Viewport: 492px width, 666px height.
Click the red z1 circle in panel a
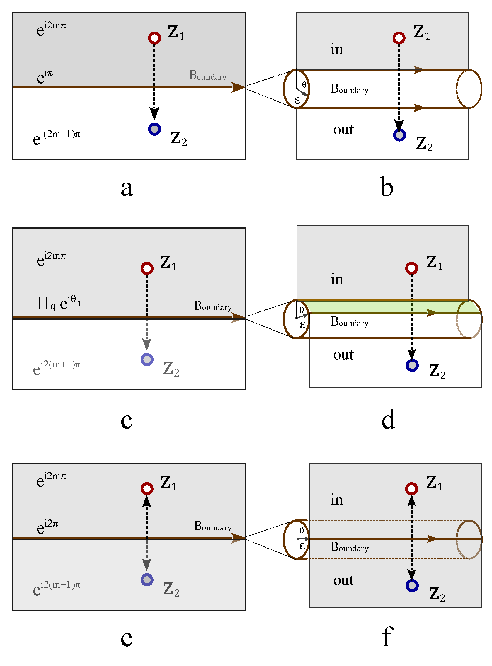154,38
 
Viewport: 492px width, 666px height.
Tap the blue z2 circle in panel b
399,135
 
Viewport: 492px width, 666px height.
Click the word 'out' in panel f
343,580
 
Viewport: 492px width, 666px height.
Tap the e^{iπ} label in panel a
45,76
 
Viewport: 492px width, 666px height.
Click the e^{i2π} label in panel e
47,527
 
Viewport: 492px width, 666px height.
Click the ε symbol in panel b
297,100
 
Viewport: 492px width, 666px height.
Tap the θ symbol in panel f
302,530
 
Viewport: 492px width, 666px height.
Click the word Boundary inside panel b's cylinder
350,89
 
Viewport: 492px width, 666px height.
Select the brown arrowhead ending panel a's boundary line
238,87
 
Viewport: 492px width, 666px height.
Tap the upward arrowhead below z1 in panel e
147,501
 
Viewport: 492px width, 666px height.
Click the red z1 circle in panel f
412,488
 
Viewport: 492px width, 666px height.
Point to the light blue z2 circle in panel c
147,360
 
